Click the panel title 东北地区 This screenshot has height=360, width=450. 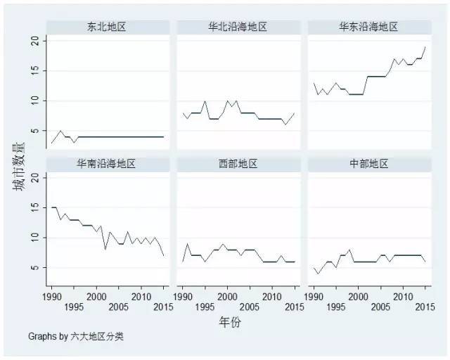pos(106,27)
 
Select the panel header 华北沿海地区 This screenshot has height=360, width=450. pos(238,27)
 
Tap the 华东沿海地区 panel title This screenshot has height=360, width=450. pos(368,27)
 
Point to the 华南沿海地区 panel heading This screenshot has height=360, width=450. pos(106,164)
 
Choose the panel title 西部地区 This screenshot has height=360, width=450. pos(238,164)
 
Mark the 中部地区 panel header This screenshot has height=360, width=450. pos(368,164)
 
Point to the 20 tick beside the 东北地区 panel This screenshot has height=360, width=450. pos(35,41)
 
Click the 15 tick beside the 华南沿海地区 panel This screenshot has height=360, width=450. pos(35,207)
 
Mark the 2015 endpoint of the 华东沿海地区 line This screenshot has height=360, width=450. pos(425,47)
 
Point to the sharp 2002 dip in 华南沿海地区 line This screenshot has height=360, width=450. pos(105,250)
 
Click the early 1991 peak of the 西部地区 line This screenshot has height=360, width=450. pos(187,243)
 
